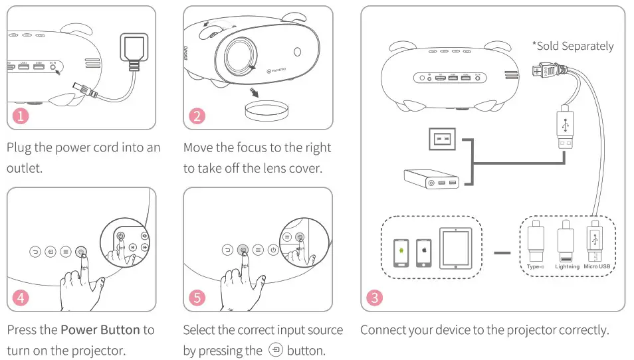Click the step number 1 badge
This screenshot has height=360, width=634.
pos(21,116)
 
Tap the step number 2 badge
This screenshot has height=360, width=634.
pos(197,116)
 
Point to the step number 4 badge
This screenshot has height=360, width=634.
pos(21,297)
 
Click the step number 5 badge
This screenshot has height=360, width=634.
pos(197,297)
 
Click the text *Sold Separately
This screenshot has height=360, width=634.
pos(572,46)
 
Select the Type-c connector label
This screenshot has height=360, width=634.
pos(535,266)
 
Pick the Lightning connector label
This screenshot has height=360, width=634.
pos(567,266)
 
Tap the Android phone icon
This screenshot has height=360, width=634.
pos(401,252)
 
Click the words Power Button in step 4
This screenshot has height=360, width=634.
pos(100,330)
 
